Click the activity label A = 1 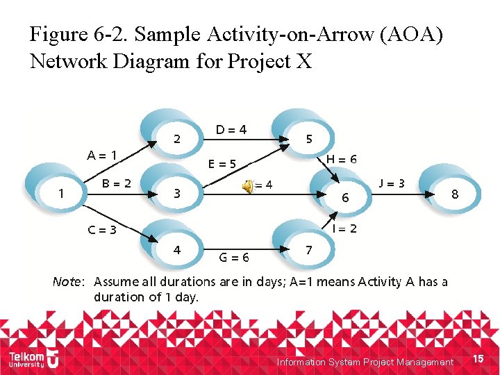pyautogui.click(x=101, y=155)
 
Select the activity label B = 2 pyautogui.click(x=117, y=184)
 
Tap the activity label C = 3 pyautogui.click(x=101, y=230)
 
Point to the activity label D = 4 pyautogui.click(x=231, y=129)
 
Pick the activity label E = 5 pyautogui.click(x=222, y=165)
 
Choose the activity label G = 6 pyautogui.click(x=234, y=257)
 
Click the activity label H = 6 pyautogui.click(x=342, y=159)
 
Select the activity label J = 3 pyautogui.click(x=392, y=183)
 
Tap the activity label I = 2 pyautogui.click(x=344, y=228)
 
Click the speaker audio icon pyautogui.click(x=247, y=185)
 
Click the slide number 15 pyautogui.click(x=477, y=358)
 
